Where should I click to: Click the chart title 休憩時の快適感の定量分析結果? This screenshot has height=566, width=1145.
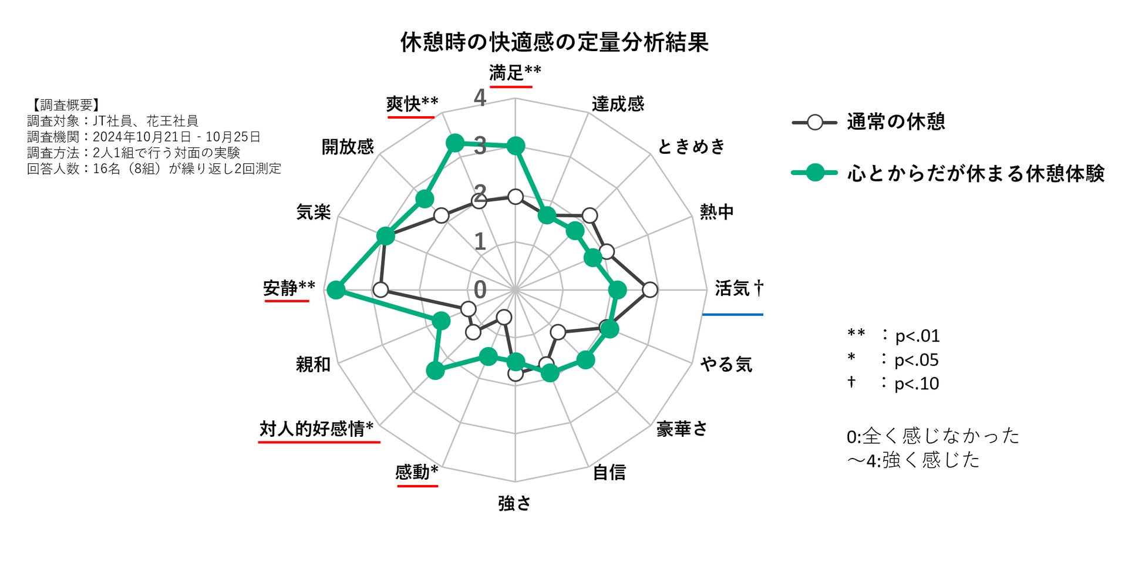(x=554, y=42)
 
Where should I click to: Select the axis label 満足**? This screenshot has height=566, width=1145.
(x=515, y=73)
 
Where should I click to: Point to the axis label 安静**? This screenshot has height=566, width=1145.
(x=289, y=288)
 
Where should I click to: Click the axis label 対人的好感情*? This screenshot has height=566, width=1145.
(x=316, y=429)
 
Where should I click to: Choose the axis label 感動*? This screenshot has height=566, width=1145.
(x=417, y=472)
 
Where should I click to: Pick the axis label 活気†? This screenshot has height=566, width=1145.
(x=739, y=288)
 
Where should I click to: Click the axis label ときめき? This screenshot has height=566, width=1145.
(x=691, y=146)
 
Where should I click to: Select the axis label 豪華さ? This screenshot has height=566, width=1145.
(x=682, y=429)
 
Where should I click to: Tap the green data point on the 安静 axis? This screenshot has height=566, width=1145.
(x=335, y=289)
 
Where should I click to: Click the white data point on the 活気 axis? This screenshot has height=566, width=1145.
(x=650, y=289)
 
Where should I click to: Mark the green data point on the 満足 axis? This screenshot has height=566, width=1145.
(x=516, y=146)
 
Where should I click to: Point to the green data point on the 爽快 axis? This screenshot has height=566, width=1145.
(x=454, y=142)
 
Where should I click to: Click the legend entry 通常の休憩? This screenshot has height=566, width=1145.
(x=895, y=122)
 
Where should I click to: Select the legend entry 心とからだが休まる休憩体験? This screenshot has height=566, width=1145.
(x=975, y=173)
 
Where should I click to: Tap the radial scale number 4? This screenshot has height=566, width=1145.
(x=480, y=98)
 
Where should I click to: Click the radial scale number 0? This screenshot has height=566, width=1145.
(x=480, y=289)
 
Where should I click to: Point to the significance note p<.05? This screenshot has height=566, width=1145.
(x=916, y=360)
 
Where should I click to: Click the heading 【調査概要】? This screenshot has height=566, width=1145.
(x=64, y=105)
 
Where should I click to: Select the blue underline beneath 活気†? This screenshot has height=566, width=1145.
(x=733, y=315)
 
